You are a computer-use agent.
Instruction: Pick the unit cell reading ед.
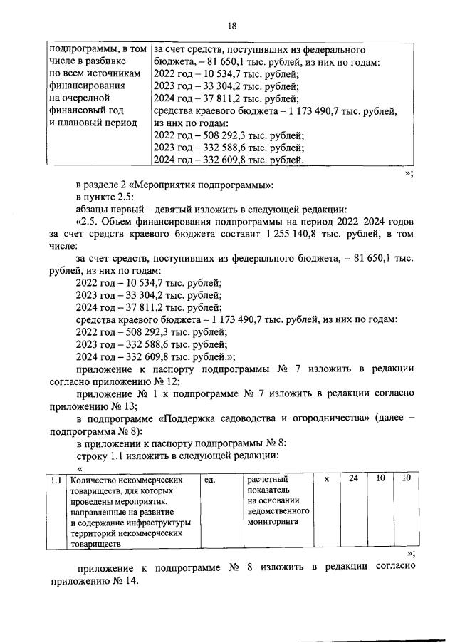(x=210, y=480)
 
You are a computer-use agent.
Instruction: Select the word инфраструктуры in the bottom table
(x=155, y=523)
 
